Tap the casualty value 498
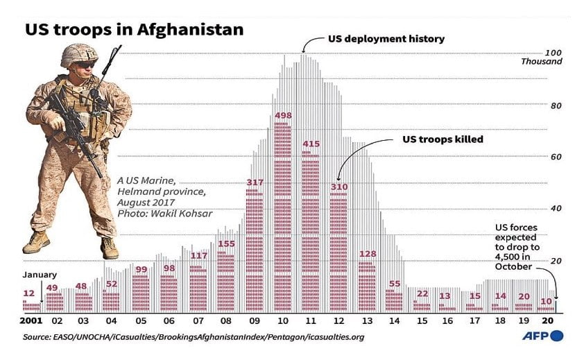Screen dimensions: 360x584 pos(282,114)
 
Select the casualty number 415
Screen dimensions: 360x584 pos(311,144)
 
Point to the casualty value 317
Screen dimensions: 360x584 pos(255,182)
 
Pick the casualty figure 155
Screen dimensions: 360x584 pos(226,243)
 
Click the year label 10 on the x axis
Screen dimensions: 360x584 pos(282,322)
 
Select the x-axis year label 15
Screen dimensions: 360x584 pos(422,322)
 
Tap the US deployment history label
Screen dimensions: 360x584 pos(386,39)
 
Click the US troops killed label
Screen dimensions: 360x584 pos(443,139)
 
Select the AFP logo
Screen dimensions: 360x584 pos(542,336)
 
